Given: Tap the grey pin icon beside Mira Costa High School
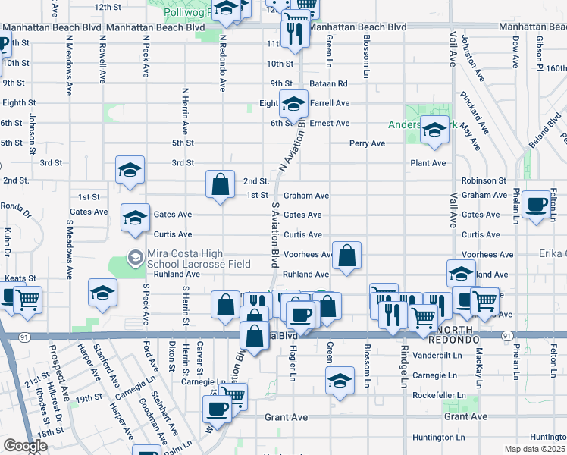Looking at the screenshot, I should [x=135, y=257].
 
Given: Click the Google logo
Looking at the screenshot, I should [x=25, y=445].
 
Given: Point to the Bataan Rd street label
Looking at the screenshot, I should [x=331, y=83].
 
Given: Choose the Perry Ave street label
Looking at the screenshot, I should [x=367, y=143].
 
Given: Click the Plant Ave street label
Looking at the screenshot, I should [x=428, y=163].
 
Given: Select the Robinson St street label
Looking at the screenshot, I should [x=483, y=181].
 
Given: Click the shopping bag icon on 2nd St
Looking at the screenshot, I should [x=220, y=184].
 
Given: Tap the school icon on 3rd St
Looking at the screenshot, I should [x=130, y=170].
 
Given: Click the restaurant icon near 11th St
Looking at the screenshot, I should [x=293, y=33].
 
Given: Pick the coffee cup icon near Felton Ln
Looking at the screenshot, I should [x=537, y=204].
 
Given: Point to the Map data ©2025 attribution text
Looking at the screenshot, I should [x=535, y=449].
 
